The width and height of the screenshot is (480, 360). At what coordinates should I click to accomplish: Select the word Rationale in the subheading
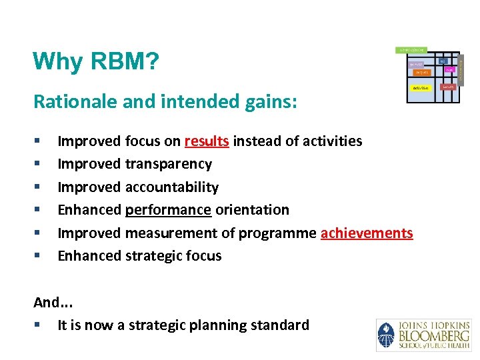click(x=67, y=102)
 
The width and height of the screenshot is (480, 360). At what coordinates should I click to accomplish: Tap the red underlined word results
click(x=207, y=141)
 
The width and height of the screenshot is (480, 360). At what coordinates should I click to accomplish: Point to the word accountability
click(x=172, y=187)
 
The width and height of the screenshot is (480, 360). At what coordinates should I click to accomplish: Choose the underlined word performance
click(x=169, y=209)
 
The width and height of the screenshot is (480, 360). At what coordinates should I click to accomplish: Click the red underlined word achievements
click(x=367, y=233)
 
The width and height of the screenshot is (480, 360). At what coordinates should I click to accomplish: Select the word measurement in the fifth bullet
click(x=172, y=233)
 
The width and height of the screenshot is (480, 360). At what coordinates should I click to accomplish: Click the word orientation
click(x=252, y=209)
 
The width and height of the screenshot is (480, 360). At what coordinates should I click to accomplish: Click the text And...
click(x=46, y=302)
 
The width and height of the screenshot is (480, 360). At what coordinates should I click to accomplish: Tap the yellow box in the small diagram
click(x=420, y=87)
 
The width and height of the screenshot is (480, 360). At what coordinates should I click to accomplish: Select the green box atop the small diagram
click(x=412, y=50)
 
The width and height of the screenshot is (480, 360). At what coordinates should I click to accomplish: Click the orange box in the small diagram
click(x=421, y=71)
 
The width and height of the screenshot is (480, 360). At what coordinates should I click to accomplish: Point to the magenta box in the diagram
click(x=450, y=69)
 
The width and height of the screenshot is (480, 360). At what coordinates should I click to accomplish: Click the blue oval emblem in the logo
click(x=386, y=335)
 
